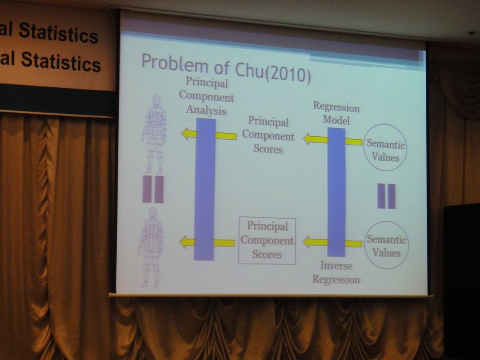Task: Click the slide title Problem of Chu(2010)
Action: (226, 68)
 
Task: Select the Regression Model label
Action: (336, 113)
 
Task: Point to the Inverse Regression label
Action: (336, 273)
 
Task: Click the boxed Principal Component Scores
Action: (267, 241)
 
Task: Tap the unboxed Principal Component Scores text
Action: (268, 135)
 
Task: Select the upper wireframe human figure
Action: (154, 135)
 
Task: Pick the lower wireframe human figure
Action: (151, 247)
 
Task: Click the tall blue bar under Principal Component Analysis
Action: (205, 189)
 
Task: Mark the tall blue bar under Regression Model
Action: (336, 192)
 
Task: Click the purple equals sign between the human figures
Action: (153, 189)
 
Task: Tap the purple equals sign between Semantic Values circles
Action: (386, 196)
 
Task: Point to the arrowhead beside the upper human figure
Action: (186, 134)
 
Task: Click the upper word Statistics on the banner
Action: (59, 33)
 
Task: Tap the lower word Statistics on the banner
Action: (61, 61)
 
